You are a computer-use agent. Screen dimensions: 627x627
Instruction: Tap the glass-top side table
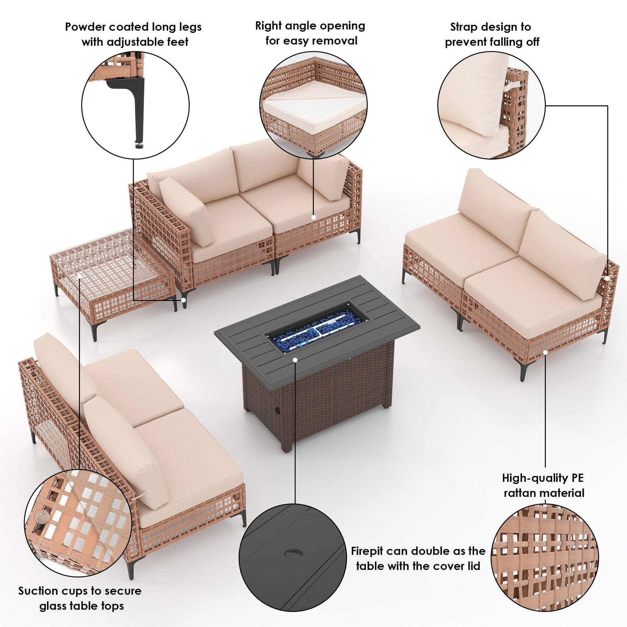tap(112, 279)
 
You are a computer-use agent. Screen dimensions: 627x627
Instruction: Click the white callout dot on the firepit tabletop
tap(295, 360)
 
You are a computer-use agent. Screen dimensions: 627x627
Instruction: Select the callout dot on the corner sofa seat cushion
tap(313, 217)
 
